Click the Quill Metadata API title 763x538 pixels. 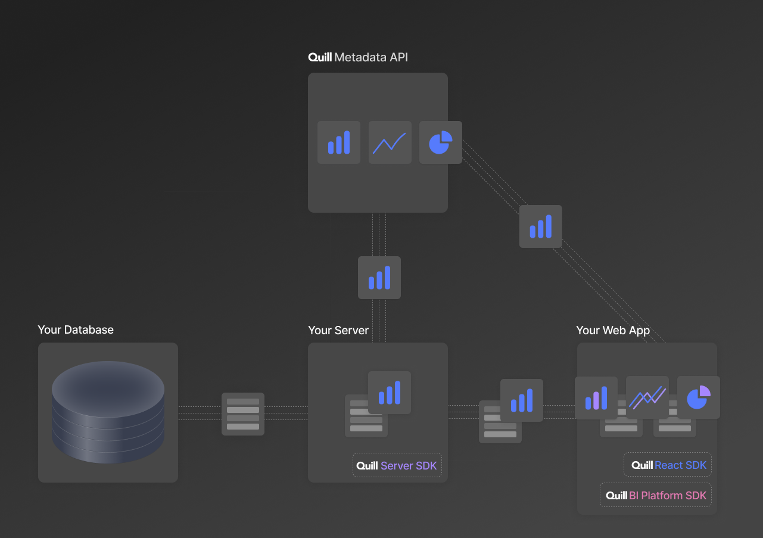[x=358, y=58]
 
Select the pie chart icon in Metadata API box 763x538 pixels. [x=441, y=142]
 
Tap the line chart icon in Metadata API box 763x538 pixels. [x=390, y=142]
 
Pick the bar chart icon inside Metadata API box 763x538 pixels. [x=339, y=142]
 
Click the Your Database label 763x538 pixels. [x=76, y=330]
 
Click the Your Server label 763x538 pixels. [x=338, y=331]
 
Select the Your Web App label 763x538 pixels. [x=613, y=331]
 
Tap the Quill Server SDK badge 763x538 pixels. [x=397, y=465]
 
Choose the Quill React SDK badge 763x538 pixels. [x=668, y=465]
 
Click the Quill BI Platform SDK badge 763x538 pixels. [x=656, y=495]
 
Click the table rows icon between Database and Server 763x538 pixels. [x=243, y=414]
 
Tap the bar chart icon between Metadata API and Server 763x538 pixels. [x=379, y=278]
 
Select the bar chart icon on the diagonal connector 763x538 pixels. [x=541, y=226]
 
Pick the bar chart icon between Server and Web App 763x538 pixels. [x=522, y=400]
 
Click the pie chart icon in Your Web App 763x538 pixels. [x=699, y=397]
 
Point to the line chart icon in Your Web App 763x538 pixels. [x=647, y=397]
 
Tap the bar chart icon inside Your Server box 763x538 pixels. [x=390, y=393]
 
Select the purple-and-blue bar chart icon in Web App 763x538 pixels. [x=596, y=397]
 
